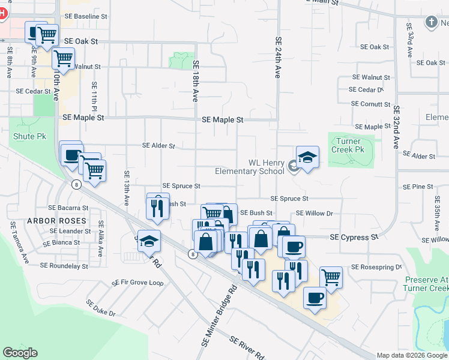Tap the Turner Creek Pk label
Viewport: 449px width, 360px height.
point(351,145)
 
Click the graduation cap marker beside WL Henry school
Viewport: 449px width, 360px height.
point(307,158)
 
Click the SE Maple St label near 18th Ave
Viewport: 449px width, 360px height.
point(222,120)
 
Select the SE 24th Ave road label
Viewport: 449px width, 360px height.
point(279,58)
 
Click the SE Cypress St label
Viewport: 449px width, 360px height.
point(354,238)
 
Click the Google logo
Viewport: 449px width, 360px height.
point(20,353)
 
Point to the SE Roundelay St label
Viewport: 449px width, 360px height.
point(64,265)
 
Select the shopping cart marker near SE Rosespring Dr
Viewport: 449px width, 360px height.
point(331,277)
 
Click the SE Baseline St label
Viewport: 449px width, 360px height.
point(86,16)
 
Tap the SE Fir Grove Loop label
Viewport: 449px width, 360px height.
point(137,282)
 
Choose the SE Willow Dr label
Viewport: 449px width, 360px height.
point(314,213)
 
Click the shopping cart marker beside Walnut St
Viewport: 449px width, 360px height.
point(63,59)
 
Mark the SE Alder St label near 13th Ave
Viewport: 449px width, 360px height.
point(158,145)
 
